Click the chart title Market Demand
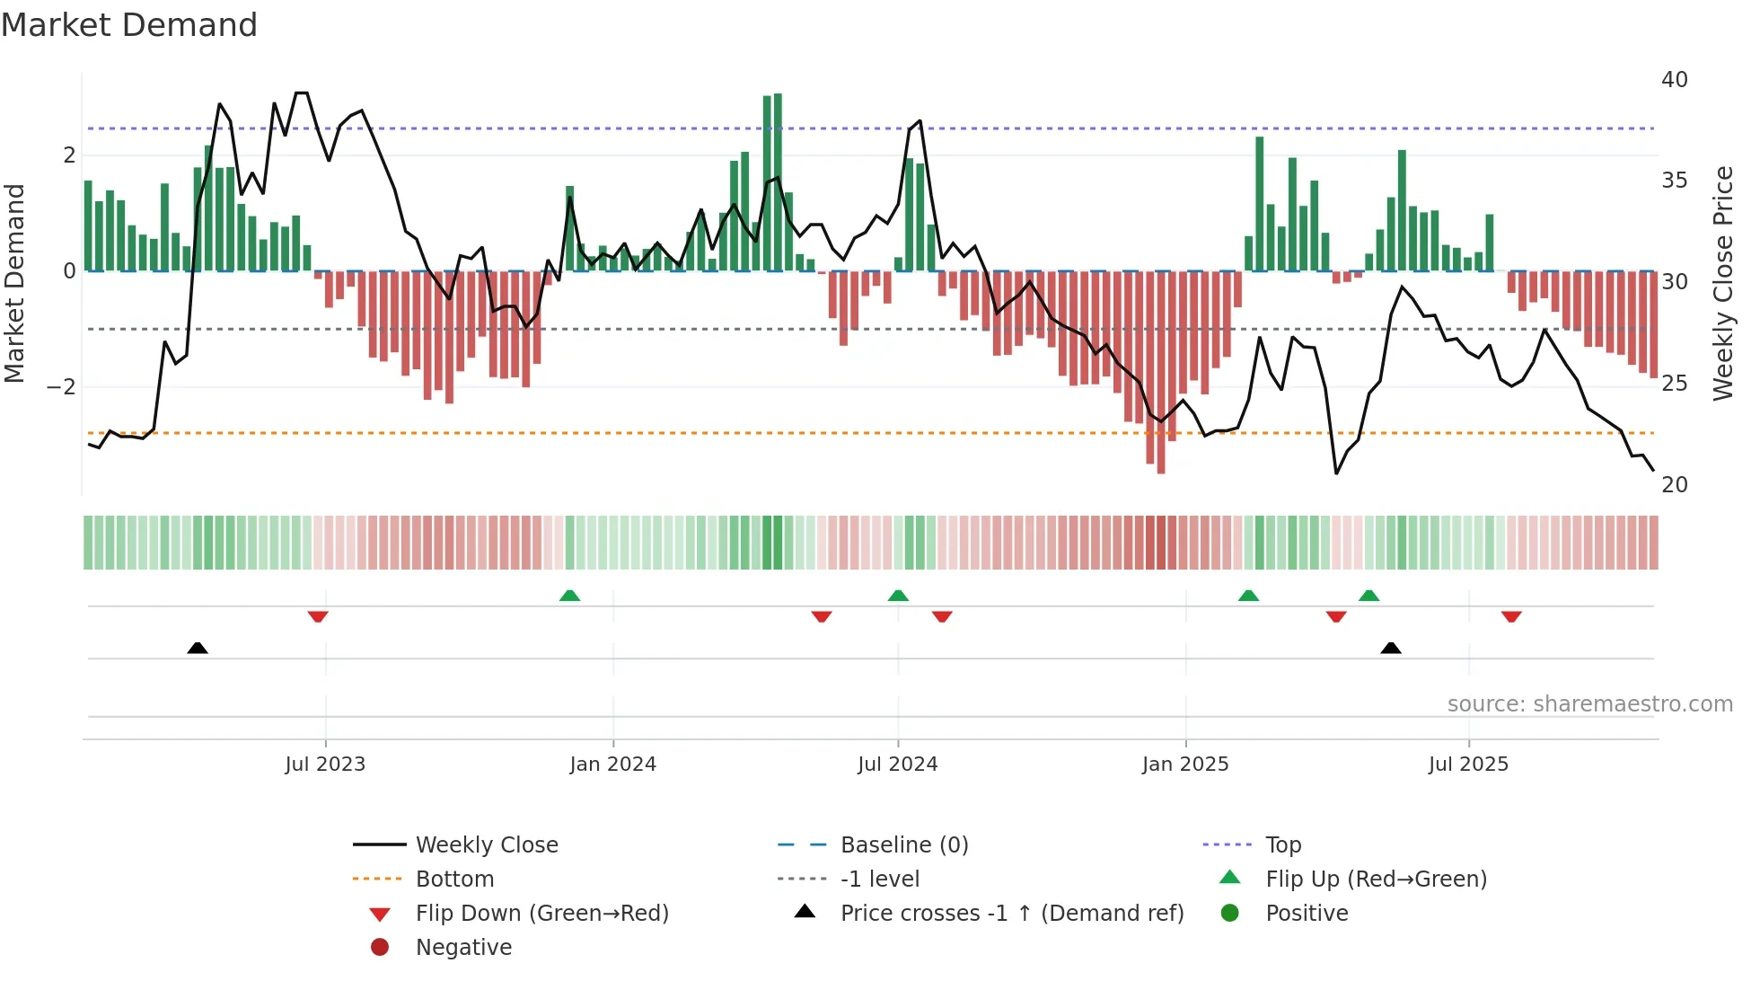[x=129, y=25]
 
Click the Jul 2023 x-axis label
[x=325, y=765]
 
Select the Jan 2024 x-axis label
[x=612, y=765]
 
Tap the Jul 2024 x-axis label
[x=897, y=765]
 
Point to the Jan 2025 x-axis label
[x=1185, y=765]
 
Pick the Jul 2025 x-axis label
[x=1468, y=765]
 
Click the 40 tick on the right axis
[x=1674, y=80]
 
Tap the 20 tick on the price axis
[x=1674, y=485]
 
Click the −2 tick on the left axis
[x=62, y=387]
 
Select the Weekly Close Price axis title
[x=1722, y=283]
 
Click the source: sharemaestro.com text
[x=1589, y=704]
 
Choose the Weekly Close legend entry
[x=486, y=845]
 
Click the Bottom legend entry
[x=454, y=880]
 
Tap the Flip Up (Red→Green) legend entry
[x=1376, y=880]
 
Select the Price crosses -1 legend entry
[x=1011, y=914]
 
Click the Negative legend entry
[x=463, y=948]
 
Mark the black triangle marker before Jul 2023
[x=198, y=648]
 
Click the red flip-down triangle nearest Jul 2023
[x=318, y=616]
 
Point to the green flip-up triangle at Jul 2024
[x=898, y=596]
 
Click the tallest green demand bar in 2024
[x=778, y=180]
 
